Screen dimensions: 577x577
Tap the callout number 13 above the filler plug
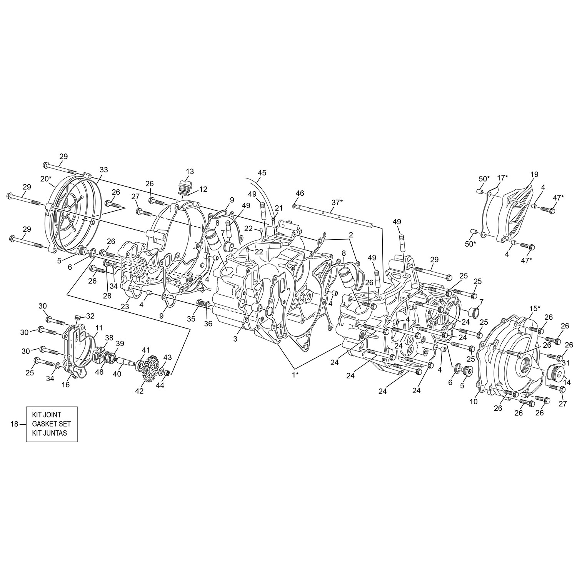(190, 171)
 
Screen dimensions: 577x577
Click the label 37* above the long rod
(337, 202)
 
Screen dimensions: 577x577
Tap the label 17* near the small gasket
(502, 178)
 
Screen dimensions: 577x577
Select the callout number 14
(567, 372)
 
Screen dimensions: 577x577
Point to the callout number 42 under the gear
(139, 391)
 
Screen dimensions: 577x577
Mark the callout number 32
(90, 316)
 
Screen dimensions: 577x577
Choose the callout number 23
(125, 307)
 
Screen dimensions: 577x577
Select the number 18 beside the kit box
(14, 424)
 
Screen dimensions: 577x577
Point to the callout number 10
(474, 402)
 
